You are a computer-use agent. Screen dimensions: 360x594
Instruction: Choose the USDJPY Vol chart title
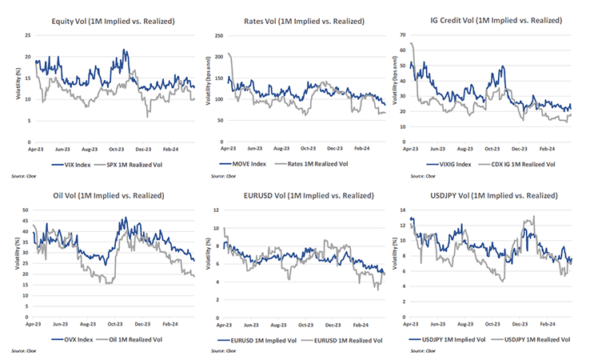(490, 196)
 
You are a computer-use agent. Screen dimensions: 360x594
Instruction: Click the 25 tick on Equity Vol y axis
(28, 35)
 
